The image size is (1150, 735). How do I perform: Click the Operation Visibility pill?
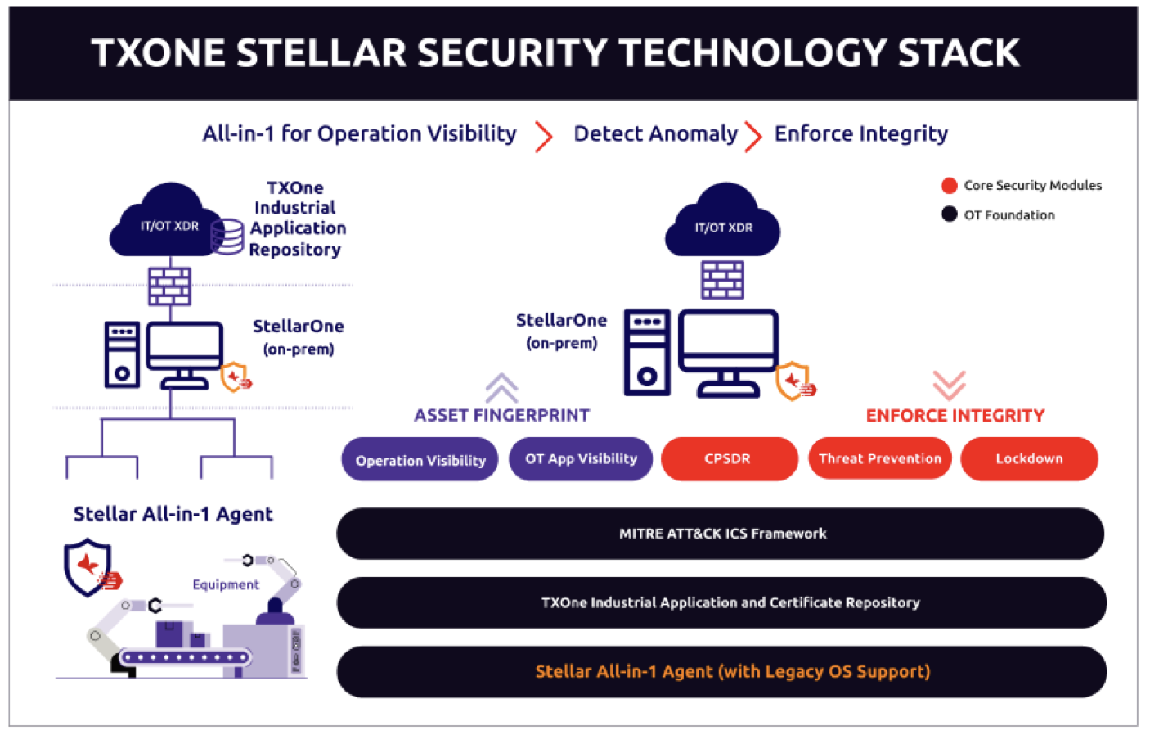pyautogui.click(x=420, y=460)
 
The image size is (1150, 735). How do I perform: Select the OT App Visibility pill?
pyautogui.click(x=581, y=458)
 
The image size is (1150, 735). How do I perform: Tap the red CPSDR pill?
pyautogui.click(x=728, y=458)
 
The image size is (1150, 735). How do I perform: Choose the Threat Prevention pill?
pyautogui.click(x=879, y=458)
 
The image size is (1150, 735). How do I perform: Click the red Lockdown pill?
pyautogui.click(x=1029, y=458)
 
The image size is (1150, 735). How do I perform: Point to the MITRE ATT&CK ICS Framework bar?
pyautogui.click(x=721, y=534)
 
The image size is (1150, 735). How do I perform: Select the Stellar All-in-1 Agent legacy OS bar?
pyautogui.click(x=722, y=672)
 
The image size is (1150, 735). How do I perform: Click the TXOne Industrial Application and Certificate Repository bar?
pyautogui.click(x=722, y=603)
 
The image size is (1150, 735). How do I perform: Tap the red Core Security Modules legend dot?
pyautogui.click(x=950, y=186)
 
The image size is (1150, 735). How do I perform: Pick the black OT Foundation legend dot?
pyautogui.click(x=950, y=214)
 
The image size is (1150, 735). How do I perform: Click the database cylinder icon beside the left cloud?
pyautogui.click(x=227, y=237)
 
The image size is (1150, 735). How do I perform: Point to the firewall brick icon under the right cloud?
pyautogui.click(x=723, y=280)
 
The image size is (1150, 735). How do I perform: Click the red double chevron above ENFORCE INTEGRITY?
pyautogui.click(x=949, y=384)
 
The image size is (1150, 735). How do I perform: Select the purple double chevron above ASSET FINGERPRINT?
pyautogui.click(x=501, y=386)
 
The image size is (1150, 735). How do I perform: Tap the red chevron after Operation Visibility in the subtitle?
pyautogui.click(x=543, y=136)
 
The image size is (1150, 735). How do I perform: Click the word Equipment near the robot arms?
pyautogui.click(x=226, y=584)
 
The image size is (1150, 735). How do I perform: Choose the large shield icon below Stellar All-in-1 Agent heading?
pyautogui.click(x=88, y=566)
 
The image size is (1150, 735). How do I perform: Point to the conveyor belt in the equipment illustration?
pyautogui.click(x=184, y=657)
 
